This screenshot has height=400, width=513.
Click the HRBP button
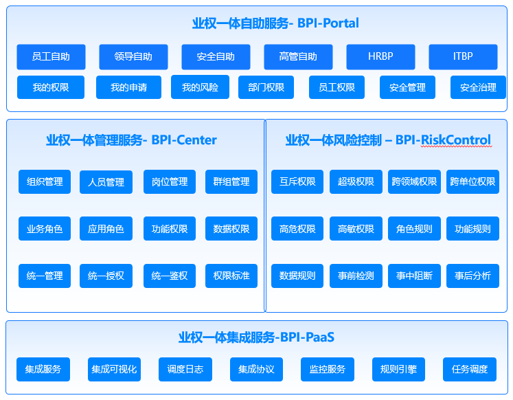pyautogui.click(x=380, y=56)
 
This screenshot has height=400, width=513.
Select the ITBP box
pyautogui.click(x=463, y=56)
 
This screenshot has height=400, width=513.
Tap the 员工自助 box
pyautogui.click(x=51, y=56)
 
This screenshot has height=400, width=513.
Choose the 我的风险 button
pyautogui.click(x=200, y=87)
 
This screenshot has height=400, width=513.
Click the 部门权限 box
pyautogui.click(x=266, y=87)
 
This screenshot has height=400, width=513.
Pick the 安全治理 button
pyautogui.click(x=478, y=87)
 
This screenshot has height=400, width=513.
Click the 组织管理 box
pyautogui.click(x=45, y=181)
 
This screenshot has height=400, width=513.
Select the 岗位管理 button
pyautogui.click(x=170, y=181)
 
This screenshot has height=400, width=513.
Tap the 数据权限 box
pyautogui.click(x=231, y=228)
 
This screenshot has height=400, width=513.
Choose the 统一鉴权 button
pyautogui.click(x=170, y=276)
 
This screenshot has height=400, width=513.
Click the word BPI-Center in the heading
pyautogui.click(x=184, y=140)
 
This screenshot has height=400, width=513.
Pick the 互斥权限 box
pyautogui.click(x=297, y=181)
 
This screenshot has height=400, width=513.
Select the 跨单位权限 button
pyautogui.click(x=472, y=181)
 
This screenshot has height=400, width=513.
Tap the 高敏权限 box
pyautogui.click(x=356, y=228)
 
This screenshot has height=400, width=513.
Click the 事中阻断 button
pyautogui.click(x=414, y=276)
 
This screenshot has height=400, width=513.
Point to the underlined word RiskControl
pyautogui.click(x=456, y=140)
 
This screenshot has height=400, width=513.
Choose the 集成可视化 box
pyautogui.click(x=114, y=369)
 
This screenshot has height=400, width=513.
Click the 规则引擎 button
pyautogui.click(x=398, y=369)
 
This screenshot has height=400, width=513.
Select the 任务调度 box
pyautogui.click(x=470, y=369)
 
